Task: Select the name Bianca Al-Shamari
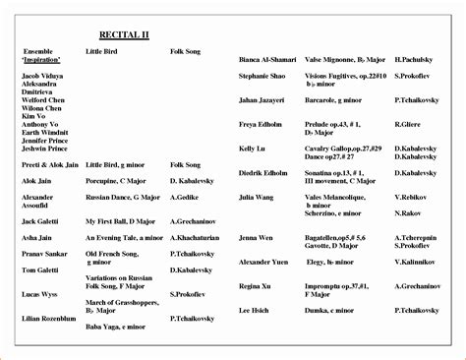click(x=265, y=59)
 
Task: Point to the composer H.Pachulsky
click(x=414, y=59)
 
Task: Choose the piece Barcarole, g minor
click(x=333, y=100)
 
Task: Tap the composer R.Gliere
click(x=406, y=126)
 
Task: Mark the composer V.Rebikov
click(x=408, y=196)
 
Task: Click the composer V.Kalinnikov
click(x=415, y=264)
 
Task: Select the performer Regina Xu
click(x=255, y=288)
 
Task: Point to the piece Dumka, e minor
click(x=327, y=310)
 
